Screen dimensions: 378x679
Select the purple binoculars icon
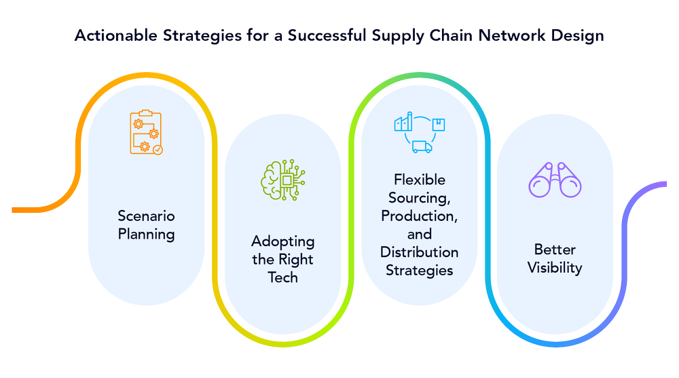tap(555, 179)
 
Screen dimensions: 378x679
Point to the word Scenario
tap(146, 216)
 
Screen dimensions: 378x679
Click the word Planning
tap(146, 235)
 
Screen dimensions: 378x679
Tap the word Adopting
tap(283, 241)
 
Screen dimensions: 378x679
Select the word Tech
tap(283, 277)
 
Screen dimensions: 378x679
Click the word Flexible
tap(420, 180)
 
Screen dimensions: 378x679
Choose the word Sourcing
tap(420, 198)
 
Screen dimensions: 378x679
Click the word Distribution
tap(419, 252)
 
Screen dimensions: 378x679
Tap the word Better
tap(555, 249)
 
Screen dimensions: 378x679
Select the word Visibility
tap(555, 267)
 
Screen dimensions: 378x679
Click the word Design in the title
tap(579, 36)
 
